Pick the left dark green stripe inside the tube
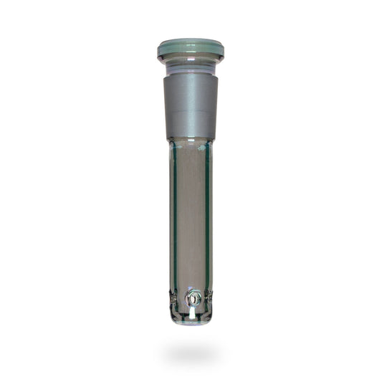pos(175,215)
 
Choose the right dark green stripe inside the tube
pos(207,215)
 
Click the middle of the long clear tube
pos(191,215)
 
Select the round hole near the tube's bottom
pos(191,296)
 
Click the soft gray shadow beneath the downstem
pos(191,353)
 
